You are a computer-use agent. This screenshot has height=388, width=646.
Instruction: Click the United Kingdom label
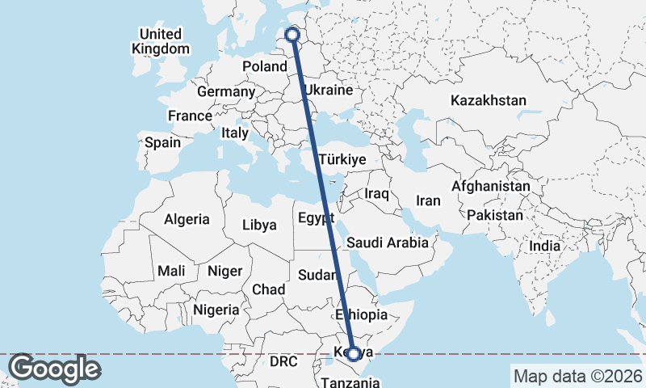(x=161, y=41)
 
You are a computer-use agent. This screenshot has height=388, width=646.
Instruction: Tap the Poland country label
(x=265, y=66)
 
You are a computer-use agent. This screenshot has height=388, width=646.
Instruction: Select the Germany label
(x=225, y=92)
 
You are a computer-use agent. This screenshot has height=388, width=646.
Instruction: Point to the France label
(x=190, y=116)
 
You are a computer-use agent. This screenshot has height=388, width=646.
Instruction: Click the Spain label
(x=162, y=143)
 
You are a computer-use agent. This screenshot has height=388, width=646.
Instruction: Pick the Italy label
(x=235, y=133)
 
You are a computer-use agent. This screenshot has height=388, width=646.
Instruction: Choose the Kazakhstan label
(x=489, y=101)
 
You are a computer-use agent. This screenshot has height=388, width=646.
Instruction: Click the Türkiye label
(x=342, y=159)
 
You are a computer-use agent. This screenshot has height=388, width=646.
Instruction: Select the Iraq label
(x=377, y=194)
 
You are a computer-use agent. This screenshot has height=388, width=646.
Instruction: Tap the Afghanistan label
(x=491, y=187)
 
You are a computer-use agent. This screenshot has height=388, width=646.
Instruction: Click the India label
(x=545, y=246)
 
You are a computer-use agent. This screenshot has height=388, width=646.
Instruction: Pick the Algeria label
(x=187, y=219)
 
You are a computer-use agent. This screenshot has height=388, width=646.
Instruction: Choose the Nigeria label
(x=216, y=309)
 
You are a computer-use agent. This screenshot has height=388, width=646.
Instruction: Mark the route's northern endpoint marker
(x=293, y=36)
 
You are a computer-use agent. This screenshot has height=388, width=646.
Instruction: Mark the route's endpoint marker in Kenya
(x=353, y=353)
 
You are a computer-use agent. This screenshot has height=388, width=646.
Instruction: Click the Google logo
(x=54, y=369)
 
